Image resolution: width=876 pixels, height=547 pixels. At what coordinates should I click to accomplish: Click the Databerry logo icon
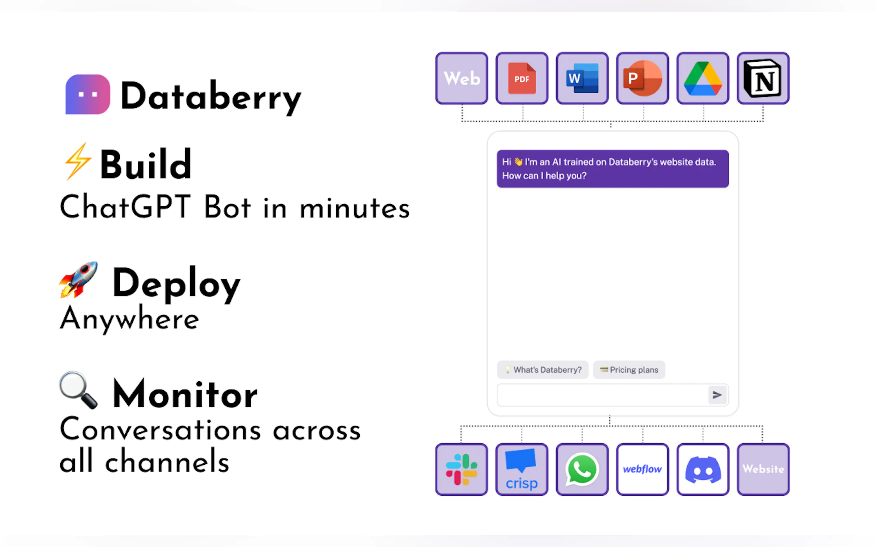tap(88, 94)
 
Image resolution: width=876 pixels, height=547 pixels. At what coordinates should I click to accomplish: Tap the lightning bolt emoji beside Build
tap(77, 161)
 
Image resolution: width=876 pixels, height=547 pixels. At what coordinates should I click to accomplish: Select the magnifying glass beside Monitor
tap(78, 390)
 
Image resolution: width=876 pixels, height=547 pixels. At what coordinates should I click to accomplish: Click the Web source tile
tap(462, 78)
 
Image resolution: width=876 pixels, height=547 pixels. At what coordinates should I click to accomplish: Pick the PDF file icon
tap(522, 78)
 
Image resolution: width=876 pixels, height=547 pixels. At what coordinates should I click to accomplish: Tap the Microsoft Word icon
tap(582, 78)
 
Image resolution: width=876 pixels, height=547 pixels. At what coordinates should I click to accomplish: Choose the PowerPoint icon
tap(643, 78)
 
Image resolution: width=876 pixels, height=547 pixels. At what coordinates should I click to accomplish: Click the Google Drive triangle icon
tap(703, 79)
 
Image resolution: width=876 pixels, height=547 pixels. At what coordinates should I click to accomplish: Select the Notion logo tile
tap(763, 78)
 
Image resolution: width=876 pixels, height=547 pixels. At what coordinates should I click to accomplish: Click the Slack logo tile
tap(462, 469)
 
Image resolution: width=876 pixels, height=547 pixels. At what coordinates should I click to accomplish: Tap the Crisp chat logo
tap(522, 469)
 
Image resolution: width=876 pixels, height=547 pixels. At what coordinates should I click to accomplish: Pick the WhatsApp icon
tap(582, 469)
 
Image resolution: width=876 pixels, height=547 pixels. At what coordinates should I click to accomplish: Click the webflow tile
tap(643, 469)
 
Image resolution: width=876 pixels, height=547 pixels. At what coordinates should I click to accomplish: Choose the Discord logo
tap(703, 469)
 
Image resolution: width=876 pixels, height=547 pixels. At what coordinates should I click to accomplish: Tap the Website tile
tap(763, 469)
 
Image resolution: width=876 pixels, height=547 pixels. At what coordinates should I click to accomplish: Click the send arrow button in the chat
tap(717, 395)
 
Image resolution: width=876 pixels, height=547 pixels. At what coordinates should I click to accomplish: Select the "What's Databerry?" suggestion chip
tap(542, 370)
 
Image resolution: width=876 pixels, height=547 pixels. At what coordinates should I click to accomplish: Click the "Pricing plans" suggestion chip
tap(629, 370)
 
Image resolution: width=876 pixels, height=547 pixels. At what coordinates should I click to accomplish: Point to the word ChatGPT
tap(125, 207)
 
